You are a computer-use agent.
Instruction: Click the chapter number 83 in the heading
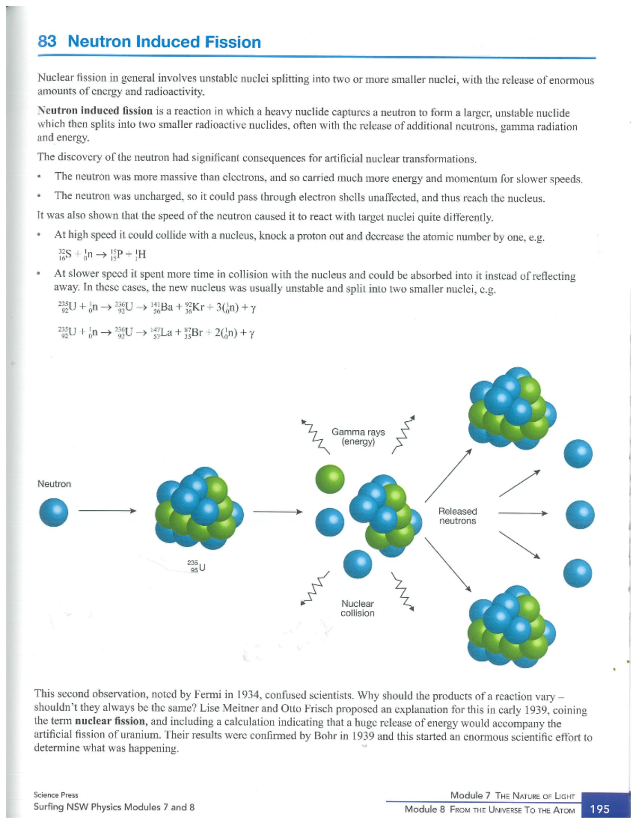pos(47,41)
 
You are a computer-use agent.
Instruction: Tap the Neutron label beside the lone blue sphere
pos(54,484)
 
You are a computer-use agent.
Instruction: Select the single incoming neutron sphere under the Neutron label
pos(54,512)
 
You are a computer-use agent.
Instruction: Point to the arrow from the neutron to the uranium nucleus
pos(107,511)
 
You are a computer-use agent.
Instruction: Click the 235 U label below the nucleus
pos(197,566)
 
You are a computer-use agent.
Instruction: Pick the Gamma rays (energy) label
pos(358,437)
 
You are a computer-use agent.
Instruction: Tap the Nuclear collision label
pos(357,608)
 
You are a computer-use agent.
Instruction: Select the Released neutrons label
pos(457,516)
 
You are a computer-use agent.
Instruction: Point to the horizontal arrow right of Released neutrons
pos(523,513)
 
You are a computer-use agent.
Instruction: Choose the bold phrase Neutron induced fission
pos(95,111)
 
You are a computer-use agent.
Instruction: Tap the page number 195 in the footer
pos(599,809)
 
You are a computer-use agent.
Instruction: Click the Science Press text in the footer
pos(56,795)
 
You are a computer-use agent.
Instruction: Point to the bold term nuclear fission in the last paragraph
pos(110,721)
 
